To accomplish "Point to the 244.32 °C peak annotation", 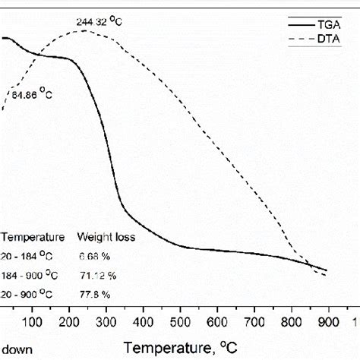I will (99, 22).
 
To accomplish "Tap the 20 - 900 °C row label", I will (31, 293).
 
